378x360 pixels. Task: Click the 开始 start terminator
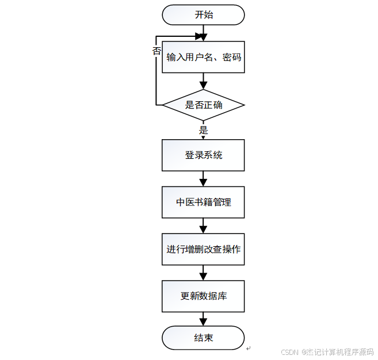click(203, 15)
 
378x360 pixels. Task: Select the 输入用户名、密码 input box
click(203, 58)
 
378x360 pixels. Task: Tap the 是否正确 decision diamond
click(203, 105)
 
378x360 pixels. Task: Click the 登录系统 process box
click(203, 155)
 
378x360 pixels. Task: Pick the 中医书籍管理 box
click(203, 202)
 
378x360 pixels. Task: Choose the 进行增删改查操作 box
click(203, 249)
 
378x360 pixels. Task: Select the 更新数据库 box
click(203, 296)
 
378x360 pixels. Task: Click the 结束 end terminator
click(203, 338)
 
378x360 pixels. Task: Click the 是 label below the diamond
click(203, 130)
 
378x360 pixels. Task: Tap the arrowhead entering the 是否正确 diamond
click(203, 85)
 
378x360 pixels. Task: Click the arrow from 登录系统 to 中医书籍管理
click(203, 179)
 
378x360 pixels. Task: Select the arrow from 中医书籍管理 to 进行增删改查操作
click(203, 226)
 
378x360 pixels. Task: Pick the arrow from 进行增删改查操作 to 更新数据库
click(203, 273)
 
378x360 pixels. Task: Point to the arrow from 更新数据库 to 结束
click(203, 320)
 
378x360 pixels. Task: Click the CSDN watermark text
click(327, 352)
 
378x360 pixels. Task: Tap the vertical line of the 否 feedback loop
click(156, 75)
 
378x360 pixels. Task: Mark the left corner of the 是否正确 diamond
click(163, 105)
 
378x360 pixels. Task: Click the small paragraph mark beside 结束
click(248, 348)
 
